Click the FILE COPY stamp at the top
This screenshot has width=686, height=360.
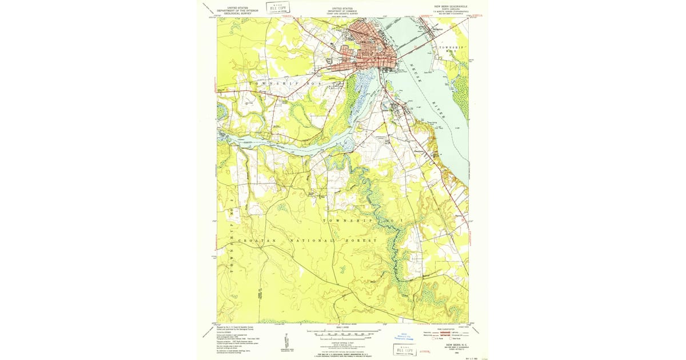[277, 7]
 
